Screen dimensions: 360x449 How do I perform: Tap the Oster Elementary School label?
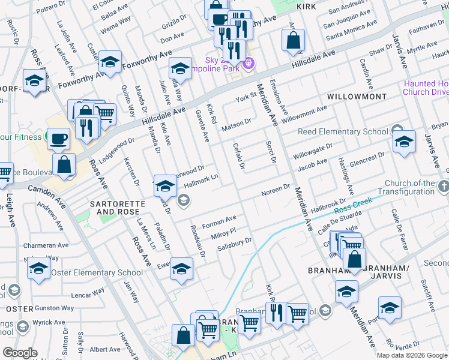[97, 272]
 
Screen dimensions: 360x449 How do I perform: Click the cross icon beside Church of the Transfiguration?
[443, 187]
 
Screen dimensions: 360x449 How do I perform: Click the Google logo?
[20, 353]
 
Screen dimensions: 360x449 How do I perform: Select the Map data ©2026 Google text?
[411, 355]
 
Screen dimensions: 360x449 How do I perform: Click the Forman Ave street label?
[219, 221]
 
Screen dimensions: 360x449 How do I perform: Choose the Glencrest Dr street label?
[367, 157]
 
